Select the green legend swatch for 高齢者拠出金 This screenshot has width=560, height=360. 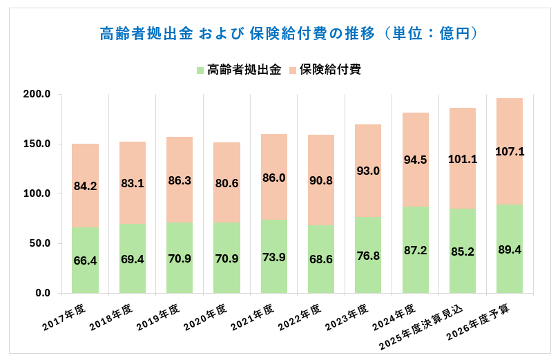200,70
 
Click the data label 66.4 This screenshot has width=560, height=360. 85,260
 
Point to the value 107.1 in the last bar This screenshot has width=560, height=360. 510,151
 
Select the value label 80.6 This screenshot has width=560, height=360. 226,184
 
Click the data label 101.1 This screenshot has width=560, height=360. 463,159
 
